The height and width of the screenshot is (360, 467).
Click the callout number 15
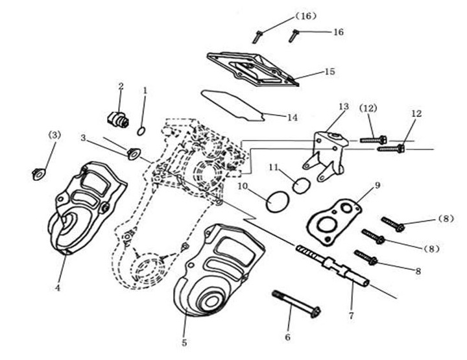(329, 71)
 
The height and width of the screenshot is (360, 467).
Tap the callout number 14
(292, 117)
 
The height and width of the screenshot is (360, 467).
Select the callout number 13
(343, 106)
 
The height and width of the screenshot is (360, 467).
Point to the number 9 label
(377, 186)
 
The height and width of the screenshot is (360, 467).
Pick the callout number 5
(185, 342)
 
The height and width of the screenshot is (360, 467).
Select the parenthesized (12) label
(368, 107)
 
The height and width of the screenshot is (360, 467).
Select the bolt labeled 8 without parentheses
(366, 258)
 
